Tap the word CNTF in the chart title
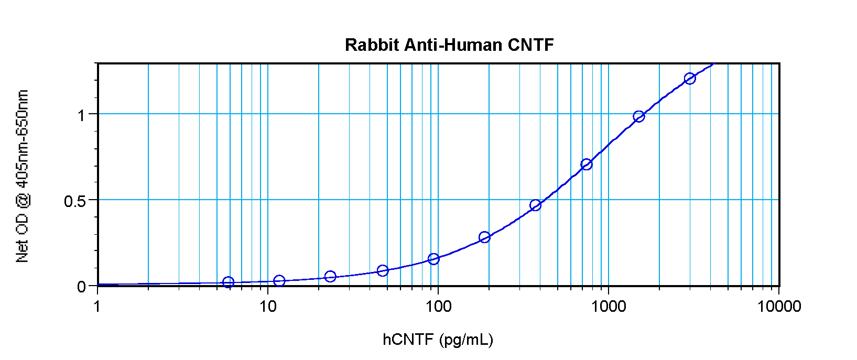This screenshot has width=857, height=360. (530, 45)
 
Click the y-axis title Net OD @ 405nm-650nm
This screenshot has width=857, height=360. (22, 176)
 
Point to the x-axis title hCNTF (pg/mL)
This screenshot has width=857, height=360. (438, 340)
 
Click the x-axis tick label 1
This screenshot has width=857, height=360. (97, 306)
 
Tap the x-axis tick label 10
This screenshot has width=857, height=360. (268, 306)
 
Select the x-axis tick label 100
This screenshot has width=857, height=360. (438, 306)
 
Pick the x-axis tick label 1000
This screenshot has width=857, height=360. (609, 306)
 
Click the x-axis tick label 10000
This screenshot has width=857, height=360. (779, 306)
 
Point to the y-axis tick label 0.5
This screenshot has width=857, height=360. (75, 201)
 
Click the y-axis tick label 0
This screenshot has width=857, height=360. (81, 287)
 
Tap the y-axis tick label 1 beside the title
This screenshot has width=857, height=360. (81, 115)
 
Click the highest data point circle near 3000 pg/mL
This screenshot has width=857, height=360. (690, 79)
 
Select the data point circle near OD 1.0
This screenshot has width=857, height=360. (638, 116)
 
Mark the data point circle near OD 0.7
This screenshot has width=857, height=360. (587, 165)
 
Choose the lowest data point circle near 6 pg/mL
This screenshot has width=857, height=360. (228, 282)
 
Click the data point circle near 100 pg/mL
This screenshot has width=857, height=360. (433, 259)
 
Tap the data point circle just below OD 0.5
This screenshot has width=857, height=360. (535, 205)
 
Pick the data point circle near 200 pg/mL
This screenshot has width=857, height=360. (484, 237)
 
